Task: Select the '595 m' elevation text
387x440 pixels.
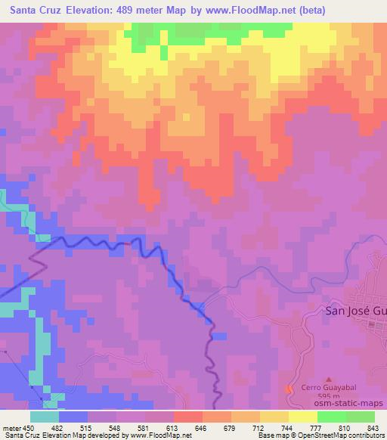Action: point(327,396)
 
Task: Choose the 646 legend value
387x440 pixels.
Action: point(202,428)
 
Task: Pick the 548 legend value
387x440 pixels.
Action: point(116,428)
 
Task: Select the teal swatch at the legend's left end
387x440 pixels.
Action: point(45,417)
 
